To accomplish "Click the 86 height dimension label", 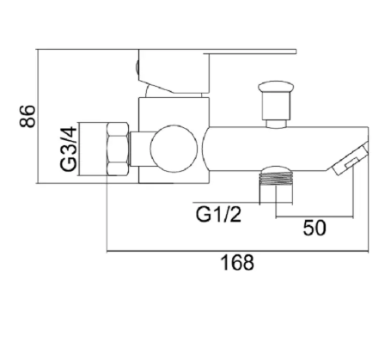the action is [x=27, y=116].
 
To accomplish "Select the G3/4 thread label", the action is [x=69, y=149].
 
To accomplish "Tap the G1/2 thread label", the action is [x=218, y=215].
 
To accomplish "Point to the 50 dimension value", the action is [x=315, y=228].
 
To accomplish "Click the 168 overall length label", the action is [x=237, y=263].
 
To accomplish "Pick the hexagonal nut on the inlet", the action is [x=118, y=149].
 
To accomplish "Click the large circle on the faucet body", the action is [x=174, y=149].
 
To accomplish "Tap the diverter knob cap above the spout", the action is [x=276, y=86].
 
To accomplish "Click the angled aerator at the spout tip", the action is [x=349, y=159].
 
